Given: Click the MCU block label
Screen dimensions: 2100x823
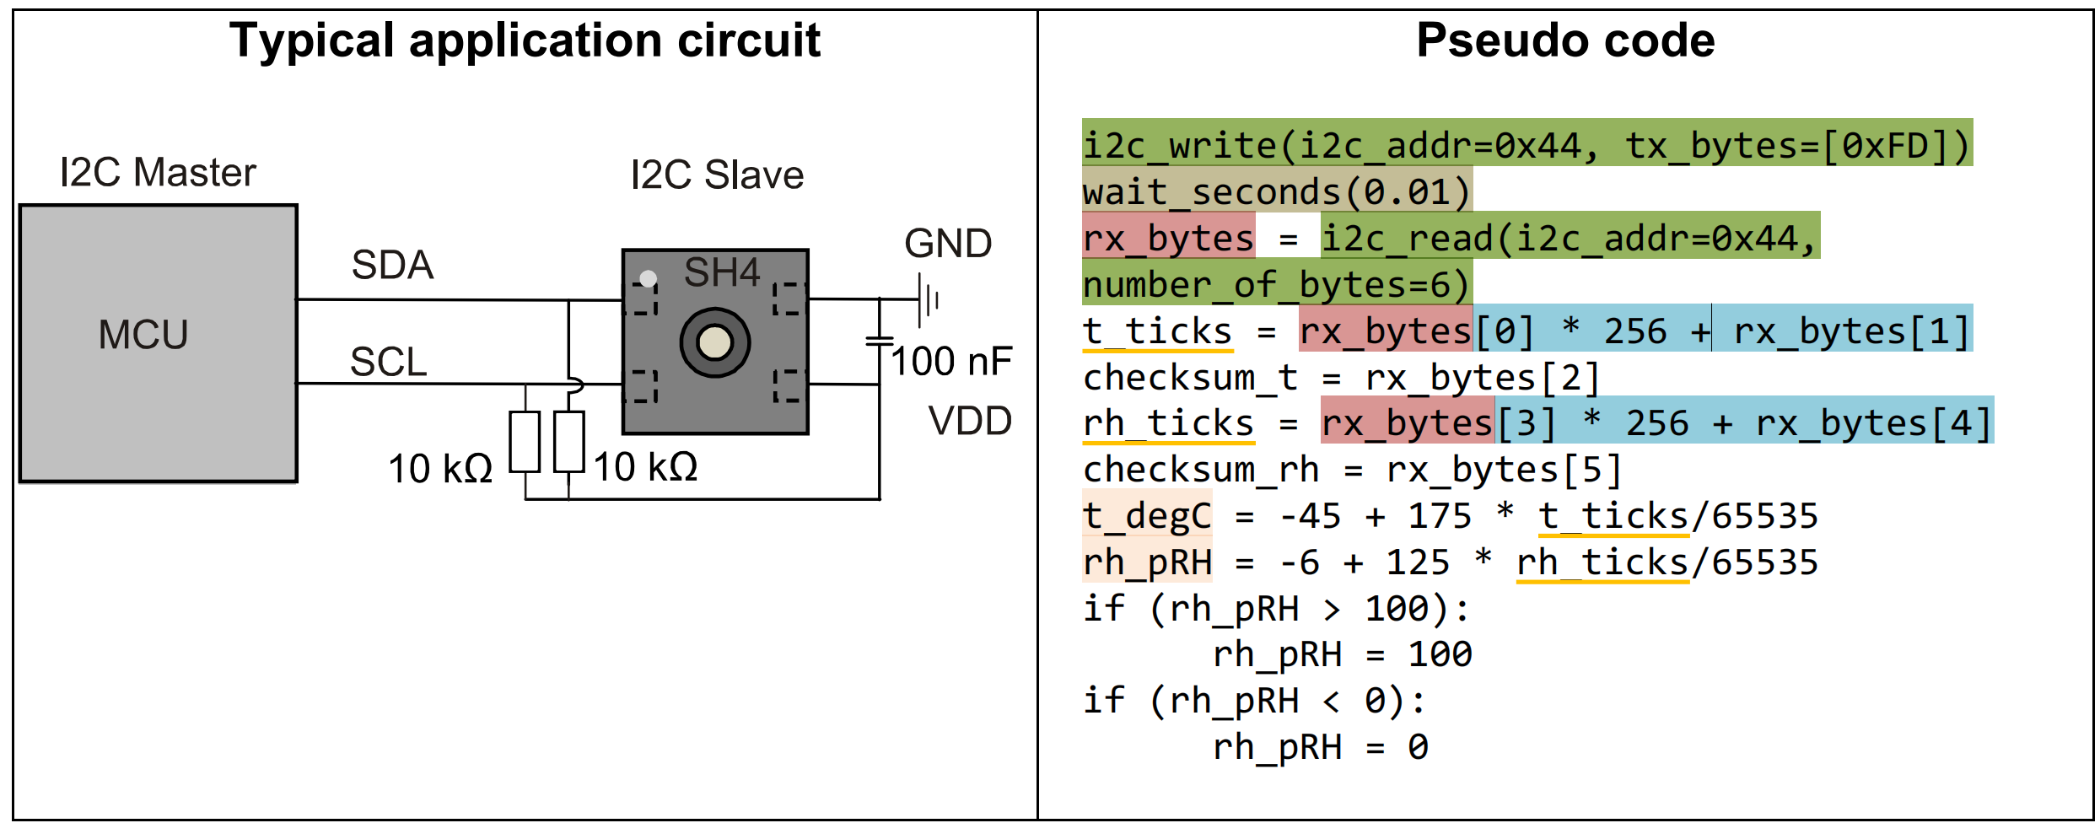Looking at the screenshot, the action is pos(143,335).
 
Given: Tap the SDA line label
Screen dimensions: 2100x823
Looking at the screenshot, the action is pos(392,265).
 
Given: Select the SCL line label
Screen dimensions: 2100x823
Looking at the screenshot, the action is pos(389,362).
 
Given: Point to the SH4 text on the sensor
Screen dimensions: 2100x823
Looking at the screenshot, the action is pos(722,272).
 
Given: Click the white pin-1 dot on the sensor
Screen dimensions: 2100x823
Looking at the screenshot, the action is pos(648,278).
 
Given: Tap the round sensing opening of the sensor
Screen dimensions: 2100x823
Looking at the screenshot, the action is pos(715,342).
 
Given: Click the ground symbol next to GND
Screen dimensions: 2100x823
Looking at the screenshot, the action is pos(929,299).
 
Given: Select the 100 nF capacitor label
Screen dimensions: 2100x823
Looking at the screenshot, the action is pos(951,361).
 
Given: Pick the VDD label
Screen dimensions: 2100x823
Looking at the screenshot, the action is pos(970,421).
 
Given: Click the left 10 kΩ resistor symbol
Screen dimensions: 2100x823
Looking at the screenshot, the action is pos(525,442).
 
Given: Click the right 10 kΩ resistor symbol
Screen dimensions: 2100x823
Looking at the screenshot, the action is pos(569,442).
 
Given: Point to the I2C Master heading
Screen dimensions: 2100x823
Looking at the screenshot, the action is pos(158,172).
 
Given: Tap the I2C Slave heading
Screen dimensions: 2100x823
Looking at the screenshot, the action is pos(717,175).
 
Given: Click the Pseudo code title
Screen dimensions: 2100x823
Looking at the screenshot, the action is pos(1565,40).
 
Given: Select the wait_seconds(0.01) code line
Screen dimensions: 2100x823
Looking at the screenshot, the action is pos(1277,192).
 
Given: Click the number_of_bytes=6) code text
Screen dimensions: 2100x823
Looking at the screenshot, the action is pos(1277,285).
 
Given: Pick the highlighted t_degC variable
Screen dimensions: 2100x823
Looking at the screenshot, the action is pos(1147,516).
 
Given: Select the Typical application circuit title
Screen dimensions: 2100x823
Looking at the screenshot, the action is pos(525,40).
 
